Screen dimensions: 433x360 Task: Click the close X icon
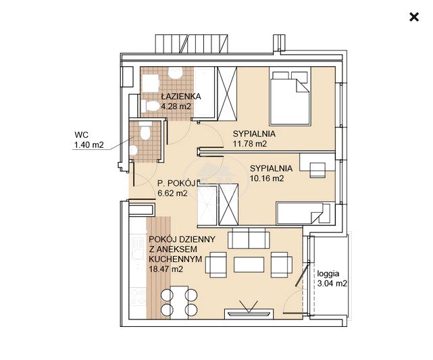click(x=414, y=17)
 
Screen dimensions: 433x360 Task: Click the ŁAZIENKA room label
click(x=181, y=97)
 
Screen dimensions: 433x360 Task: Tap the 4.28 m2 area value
click(x=176, y=106)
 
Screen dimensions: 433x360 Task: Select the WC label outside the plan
click(x=82, y=134)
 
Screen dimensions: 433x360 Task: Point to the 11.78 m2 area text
click(x=250, y=144)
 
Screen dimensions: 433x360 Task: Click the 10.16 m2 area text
click(x=267, y=178)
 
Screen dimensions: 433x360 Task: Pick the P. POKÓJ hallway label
click(x=176, y=183)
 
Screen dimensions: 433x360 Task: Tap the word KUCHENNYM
click(x=176, y=259)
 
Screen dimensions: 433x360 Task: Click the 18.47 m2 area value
click(x=166, y=269)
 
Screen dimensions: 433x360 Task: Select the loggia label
click(x=328, y=274)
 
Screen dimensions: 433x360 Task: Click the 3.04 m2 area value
click(x=332, y=284)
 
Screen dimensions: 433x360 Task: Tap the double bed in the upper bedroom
click(x=290, y=96)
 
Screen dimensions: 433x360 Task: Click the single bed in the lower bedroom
click(x=303, y=213)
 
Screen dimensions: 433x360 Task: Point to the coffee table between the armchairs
click(x=249, y=265)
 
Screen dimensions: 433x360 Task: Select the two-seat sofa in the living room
click(x=249, y=238)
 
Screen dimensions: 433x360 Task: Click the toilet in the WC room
click(x=145, y=132)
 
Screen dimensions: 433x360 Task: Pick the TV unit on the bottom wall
click(x=249, y=313)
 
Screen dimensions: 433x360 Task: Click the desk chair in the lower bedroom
click(x=318, y=170)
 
